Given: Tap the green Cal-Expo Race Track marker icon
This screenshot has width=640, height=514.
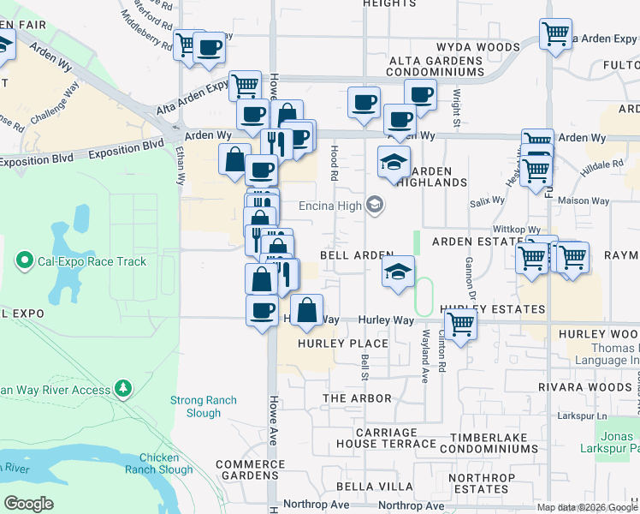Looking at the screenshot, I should click(x=24, y=260).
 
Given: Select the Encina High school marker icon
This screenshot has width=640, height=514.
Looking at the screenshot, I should click(x=374, y=205).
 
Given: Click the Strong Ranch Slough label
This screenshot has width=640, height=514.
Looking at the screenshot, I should click(x=204, y=406).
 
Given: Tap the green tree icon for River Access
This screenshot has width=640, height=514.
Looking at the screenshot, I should click(x=124, y=390).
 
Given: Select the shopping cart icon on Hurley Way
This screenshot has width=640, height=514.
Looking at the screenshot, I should click(x=460, y=325).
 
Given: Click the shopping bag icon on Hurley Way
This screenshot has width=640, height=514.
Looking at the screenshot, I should click(x=306, y=310).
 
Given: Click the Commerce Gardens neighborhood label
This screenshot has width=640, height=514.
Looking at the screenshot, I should click(x=249, y=469).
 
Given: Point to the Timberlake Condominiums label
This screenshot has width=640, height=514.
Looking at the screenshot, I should click(x=489, y=442).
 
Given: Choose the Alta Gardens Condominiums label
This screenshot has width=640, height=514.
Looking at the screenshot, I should click(x=436, y=66).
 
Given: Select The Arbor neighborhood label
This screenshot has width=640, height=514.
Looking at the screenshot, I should click(x=357, y=398).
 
